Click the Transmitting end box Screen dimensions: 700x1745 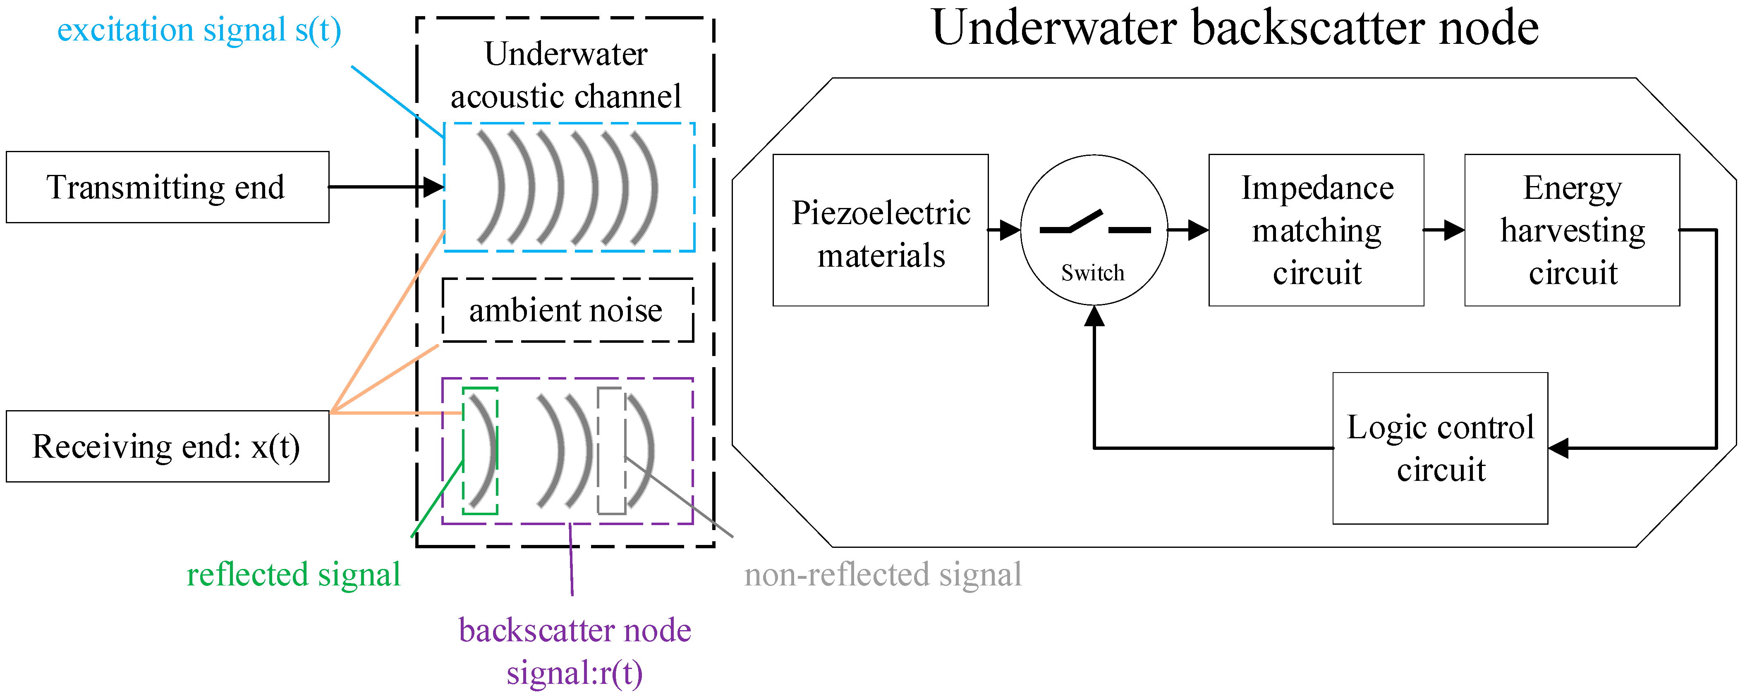[x=168, y=188]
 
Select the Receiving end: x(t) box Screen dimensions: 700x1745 [x=168, y=447]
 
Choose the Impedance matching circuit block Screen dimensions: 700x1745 [x=1316, y=231]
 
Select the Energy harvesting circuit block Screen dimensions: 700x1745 [x=1572, y=231]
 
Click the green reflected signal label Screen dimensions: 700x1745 [x=293, y=575]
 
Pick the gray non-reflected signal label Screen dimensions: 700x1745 [x=883, y=575]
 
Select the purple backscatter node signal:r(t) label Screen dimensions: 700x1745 [x=574, y=651]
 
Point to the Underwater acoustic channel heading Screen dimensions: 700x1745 [x=566, y=75]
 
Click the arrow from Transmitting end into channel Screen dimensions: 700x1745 [x=386, y=187]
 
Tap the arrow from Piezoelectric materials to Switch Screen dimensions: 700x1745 [x=1004, y=230]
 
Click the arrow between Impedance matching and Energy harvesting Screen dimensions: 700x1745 [x=1443, y=230]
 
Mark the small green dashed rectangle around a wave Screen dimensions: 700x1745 [x=480, y=451]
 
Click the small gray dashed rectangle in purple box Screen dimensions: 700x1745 [x=611, y=451]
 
